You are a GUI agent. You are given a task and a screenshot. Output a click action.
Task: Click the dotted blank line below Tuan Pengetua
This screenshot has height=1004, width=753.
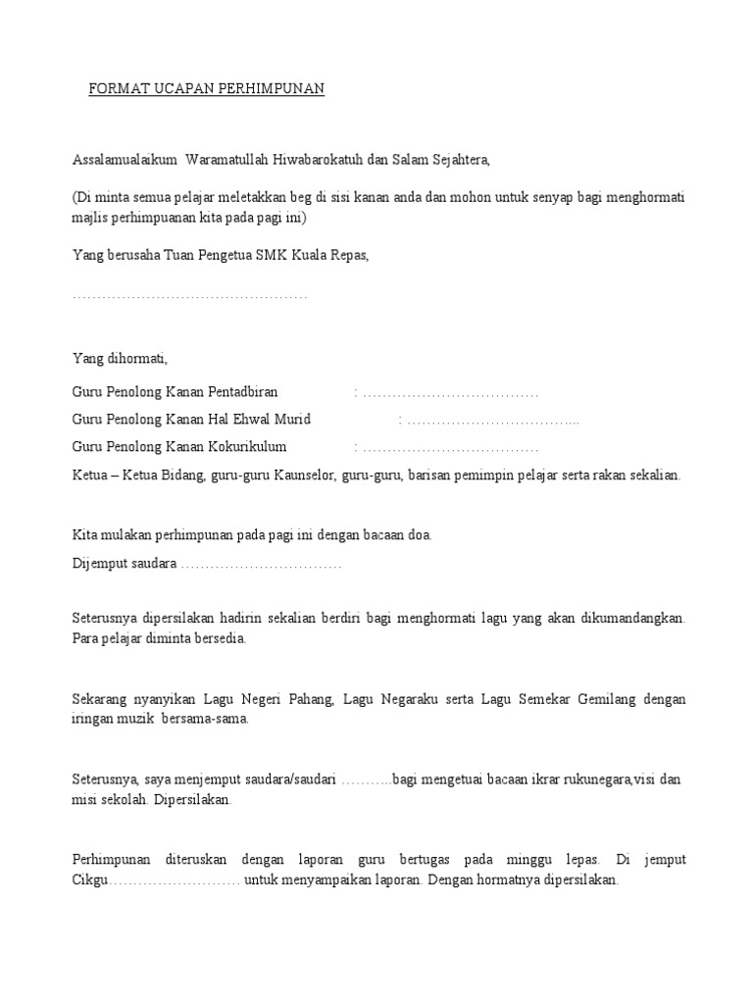(x=190, y=296)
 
